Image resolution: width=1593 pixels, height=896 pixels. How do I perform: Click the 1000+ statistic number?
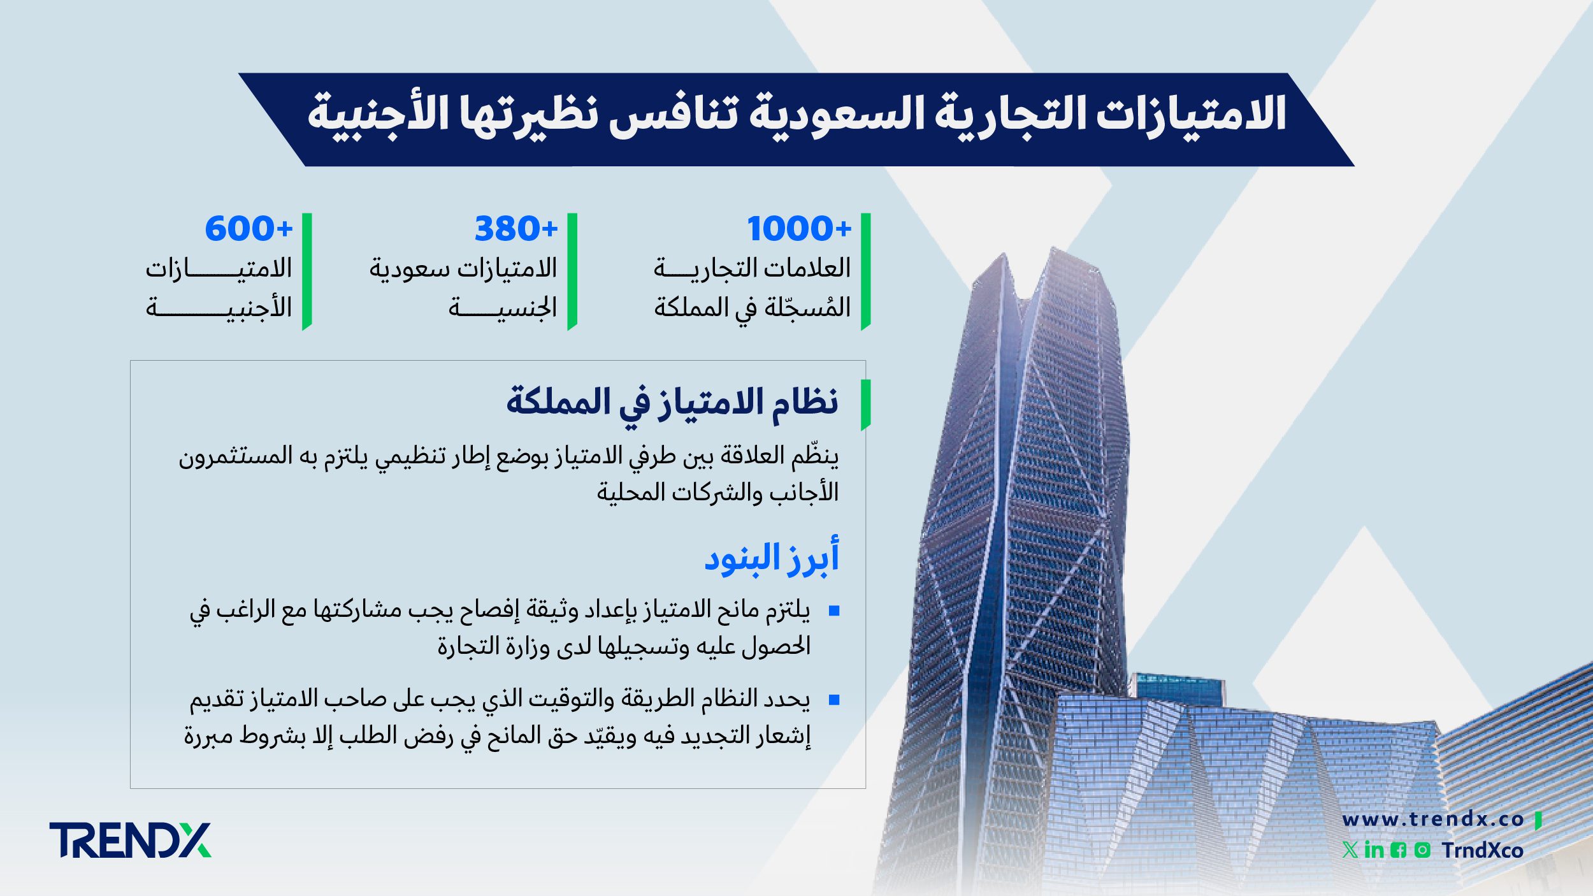point(798,229)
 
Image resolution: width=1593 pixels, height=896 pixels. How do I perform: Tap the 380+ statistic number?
point(515,229)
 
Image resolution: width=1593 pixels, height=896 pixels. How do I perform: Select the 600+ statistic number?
point(248,229)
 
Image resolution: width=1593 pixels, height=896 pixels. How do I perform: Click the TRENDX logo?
point(130,840)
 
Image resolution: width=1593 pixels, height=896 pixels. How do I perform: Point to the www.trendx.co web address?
point(1432,820)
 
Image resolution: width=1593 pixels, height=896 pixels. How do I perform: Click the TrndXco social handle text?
point(1483,851)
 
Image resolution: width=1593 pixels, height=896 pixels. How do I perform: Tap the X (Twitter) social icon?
point(1350,850)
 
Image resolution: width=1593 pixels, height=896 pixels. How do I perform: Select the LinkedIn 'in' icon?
point(1374,850)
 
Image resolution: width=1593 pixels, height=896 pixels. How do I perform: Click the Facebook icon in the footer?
point(1399,850)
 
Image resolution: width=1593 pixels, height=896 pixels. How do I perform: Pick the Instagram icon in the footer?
point(1422,850)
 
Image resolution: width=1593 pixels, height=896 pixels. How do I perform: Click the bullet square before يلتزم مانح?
point(834,611)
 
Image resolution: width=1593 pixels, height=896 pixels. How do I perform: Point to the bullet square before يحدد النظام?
point(834,700)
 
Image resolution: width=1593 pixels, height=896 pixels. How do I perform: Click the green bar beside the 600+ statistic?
point(307,271)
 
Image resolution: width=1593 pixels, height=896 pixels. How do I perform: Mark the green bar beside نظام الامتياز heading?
point(865,405)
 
